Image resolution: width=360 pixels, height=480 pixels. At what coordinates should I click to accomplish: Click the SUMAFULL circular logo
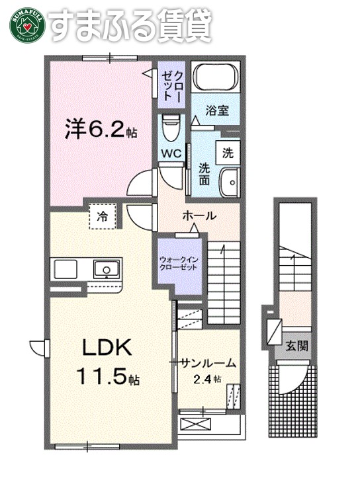(25, 24)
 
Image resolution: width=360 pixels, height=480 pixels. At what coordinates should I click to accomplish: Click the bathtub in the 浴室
(215, 77)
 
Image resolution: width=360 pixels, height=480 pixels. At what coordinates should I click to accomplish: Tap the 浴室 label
(218, 110)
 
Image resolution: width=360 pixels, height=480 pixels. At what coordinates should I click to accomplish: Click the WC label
(170, 153)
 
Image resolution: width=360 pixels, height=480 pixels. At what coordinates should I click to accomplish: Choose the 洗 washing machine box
(228, 153)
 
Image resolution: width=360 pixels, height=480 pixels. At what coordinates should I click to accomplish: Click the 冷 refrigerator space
(103, 216)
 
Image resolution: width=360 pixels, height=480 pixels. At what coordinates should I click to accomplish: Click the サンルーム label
(208, 362)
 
